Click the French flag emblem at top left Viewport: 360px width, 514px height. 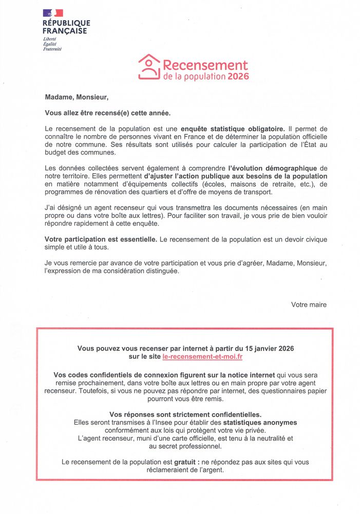click(53, 13)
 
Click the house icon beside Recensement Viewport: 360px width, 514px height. click(149, 67)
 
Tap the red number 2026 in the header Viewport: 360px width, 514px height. click(238, 76)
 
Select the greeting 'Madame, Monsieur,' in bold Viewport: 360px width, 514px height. click(77, 97)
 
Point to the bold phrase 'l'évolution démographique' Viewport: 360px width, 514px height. click(272, 168)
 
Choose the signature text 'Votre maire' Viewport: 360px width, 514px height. click(309, 304)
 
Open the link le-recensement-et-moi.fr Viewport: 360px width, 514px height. click(202, 356)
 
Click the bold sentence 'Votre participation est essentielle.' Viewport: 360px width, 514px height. click(101, 240)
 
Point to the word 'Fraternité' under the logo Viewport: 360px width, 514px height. click(52, 49)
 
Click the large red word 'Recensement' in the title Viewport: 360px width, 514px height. click(205, 65)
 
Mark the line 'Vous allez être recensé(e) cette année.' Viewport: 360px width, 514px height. click(107, 113)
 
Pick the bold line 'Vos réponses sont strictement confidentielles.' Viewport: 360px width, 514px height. click(185, 414)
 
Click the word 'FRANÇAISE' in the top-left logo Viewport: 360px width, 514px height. click(65, 31)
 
